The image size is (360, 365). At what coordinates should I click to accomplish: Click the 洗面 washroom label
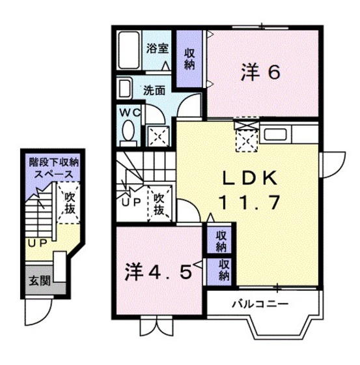(x=154, y=90)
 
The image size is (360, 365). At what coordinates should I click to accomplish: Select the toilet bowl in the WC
(x=128, y=132)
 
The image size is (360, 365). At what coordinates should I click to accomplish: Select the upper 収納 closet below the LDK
(x=221, y=240)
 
